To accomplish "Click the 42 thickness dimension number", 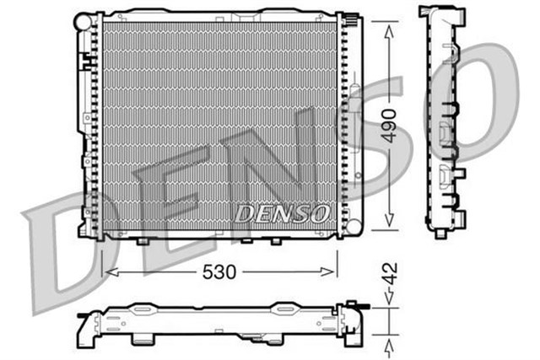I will click(x=388, y=275).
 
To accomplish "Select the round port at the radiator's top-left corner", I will click(x=82, y=18).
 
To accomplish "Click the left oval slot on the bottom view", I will click(x=140, y=310).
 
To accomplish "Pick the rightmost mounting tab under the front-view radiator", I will click(x=275, y=241).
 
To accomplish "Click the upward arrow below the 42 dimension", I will click(x=387, y=346).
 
